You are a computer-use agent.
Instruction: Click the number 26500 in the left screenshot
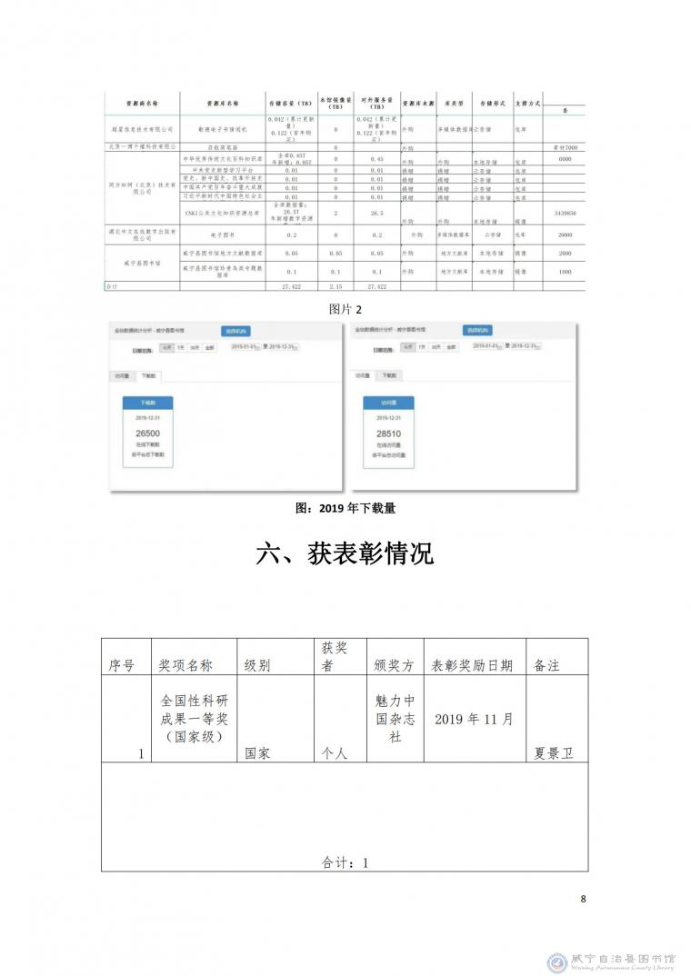click(x=147, y=433)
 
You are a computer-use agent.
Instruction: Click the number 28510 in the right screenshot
click(x=388, y=433)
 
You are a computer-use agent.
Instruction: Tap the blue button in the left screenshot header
click(x=235, y=331)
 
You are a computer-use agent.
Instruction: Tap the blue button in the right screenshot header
click(x=476, y=331)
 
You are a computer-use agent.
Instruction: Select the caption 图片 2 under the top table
click(x=345, y=309)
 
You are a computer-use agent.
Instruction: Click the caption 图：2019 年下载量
click(x=345, y=509)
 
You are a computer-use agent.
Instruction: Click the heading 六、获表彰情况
click(x=345, y=555)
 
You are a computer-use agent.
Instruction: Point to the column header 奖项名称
click(x=185, y=665)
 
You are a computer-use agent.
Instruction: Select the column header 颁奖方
click(x=395, y=665)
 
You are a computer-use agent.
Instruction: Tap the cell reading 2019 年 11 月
click(x=475, y=719)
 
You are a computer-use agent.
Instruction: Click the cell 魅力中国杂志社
click(x=395, y=719)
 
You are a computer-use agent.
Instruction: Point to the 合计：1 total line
click(x=345, y=862)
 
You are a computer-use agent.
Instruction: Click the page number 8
click(x=583, y=899)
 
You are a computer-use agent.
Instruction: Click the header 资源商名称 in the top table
click(x=140, y=104)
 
